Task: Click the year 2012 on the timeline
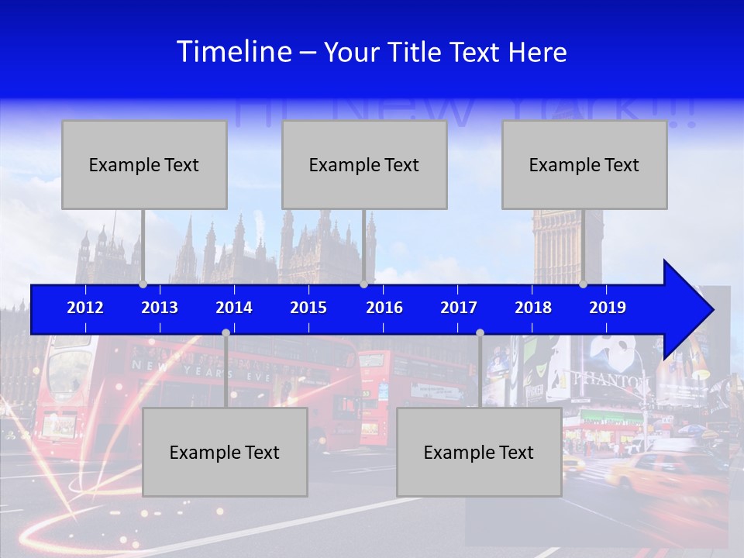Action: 85,308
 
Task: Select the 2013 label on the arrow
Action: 160,308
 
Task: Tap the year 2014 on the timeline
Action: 234,308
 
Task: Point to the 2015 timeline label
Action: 308,308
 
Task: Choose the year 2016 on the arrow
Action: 384,308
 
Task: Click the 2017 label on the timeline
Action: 459,308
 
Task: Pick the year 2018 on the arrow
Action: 533,308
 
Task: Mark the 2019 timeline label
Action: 608,308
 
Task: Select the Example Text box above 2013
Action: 144,164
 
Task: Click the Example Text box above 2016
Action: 364,164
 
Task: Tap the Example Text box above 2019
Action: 584,164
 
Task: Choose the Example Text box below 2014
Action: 225,452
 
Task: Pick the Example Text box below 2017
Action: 479,452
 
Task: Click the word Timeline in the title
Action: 233,52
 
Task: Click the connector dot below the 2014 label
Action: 226,332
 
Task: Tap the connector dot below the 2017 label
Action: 480,332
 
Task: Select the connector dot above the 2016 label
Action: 363,284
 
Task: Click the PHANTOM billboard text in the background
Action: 611,381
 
